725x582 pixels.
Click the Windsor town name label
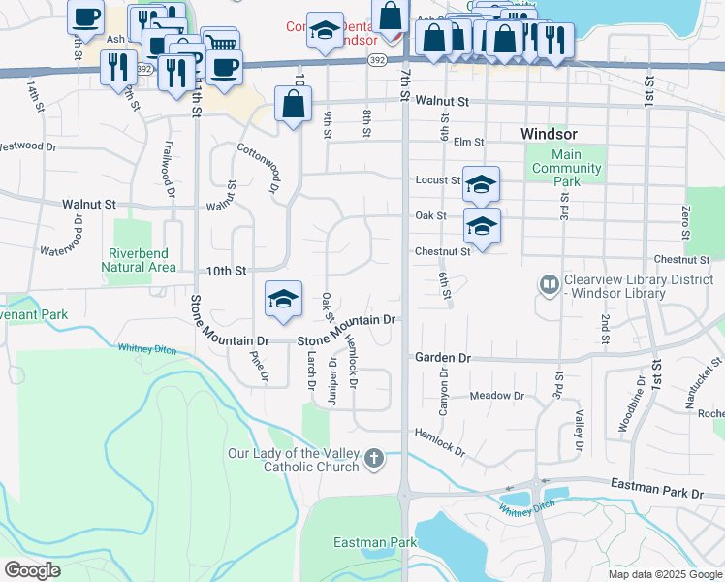(549, 133)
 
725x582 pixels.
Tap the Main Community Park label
(566, 168)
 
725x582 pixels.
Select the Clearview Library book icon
(549, 285)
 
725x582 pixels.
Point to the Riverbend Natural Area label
(138, 260)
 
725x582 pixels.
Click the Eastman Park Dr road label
(657, 493)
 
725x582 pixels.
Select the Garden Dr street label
(442, 357)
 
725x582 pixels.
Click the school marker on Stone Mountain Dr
(283, 300)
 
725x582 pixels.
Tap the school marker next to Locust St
(481, 184)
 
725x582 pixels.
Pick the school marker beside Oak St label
(482, 226)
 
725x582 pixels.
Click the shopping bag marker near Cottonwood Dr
(293, 104)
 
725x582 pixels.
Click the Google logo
(33, 570)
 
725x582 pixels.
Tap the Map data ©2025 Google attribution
(665, 574)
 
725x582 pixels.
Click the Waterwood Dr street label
(76, 238)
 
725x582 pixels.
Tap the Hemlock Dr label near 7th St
(441, 441)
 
